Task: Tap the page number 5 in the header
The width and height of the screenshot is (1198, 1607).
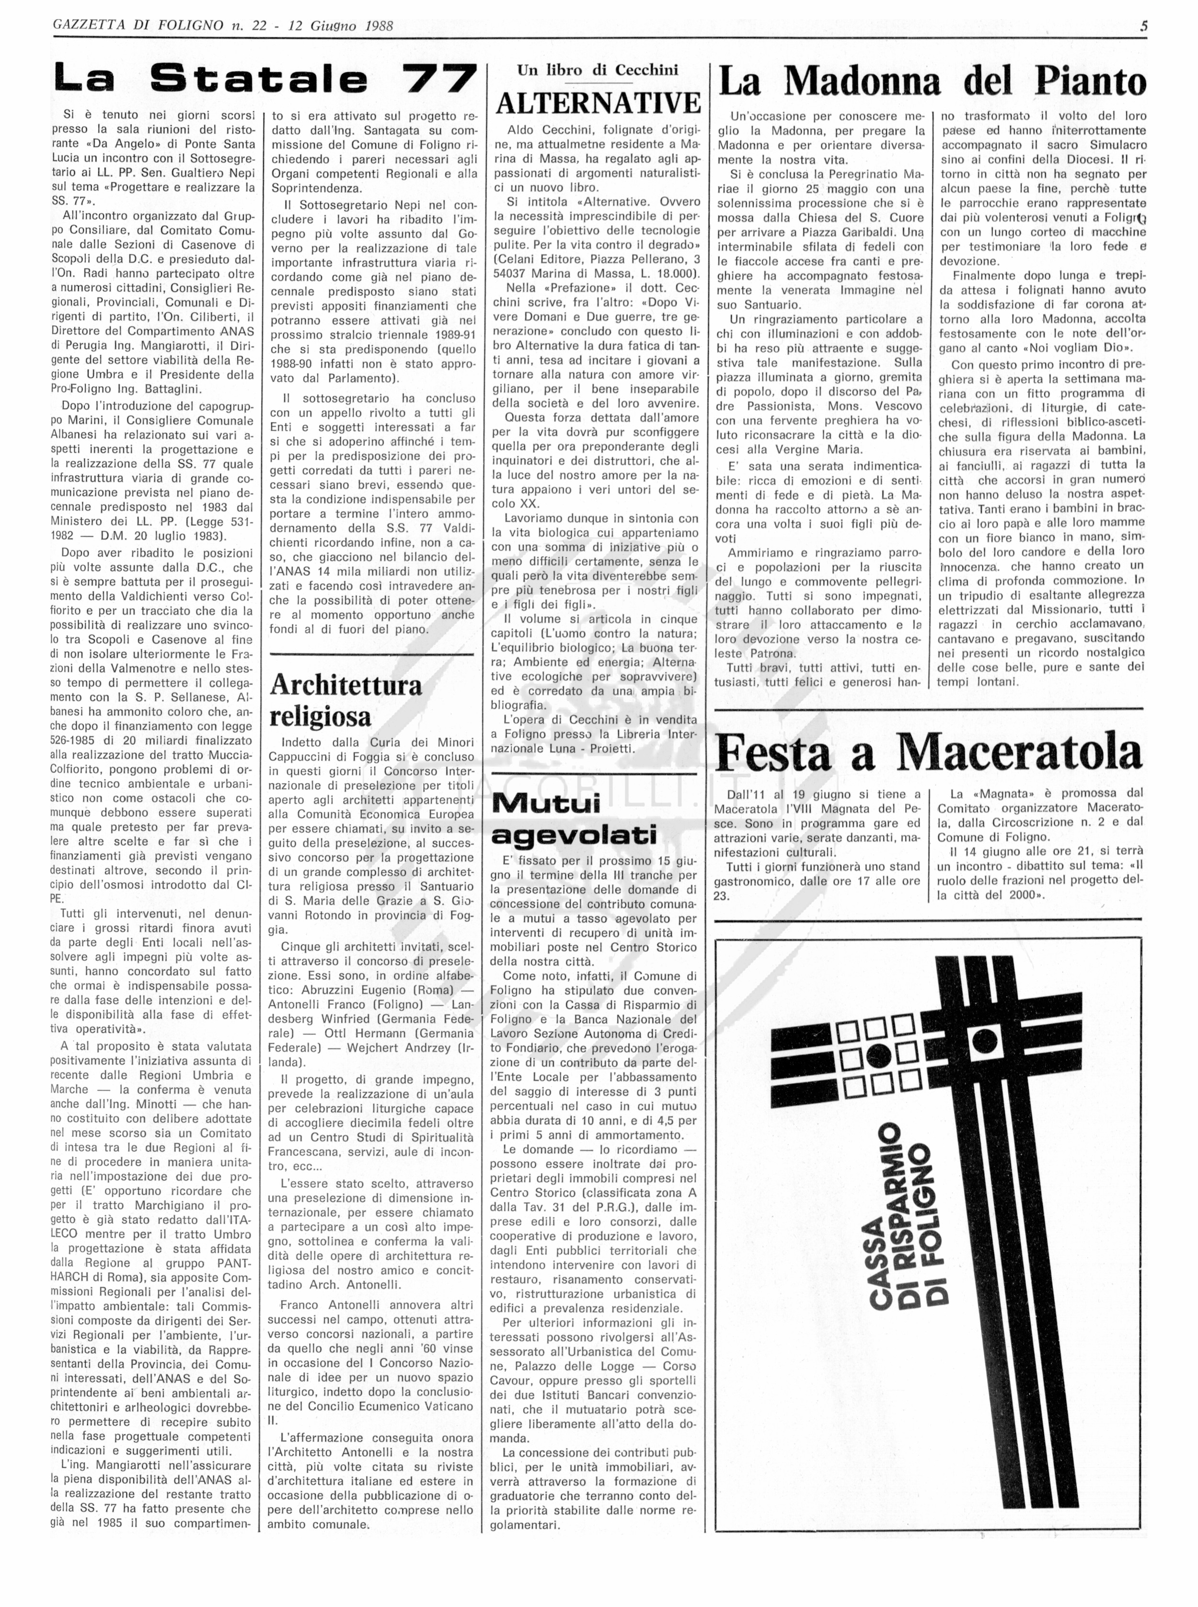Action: click(x=1144, y=26)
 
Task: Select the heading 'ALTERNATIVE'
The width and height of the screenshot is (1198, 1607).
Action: click(x=598, y=104)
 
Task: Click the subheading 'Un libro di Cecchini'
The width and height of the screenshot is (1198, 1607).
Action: click(x=598, y=70)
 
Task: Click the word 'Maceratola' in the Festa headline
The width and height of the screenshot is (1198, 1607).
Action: click(x=1019, y=753)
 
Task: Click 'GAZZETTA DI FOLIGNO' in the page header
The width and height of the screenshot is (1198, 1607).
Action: click(x=138, y=26)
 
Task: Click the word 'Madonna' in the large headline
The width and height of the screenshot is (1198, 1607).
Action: click(x=862, y=82)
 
